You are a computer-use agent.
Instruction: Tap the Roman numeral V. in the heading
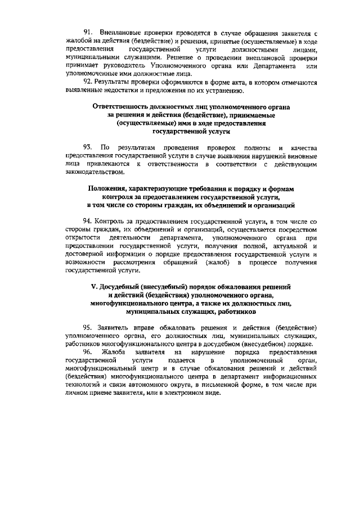coord(94,287)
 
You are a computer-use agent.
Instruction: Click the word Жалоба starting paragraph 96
coord(116,352)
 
